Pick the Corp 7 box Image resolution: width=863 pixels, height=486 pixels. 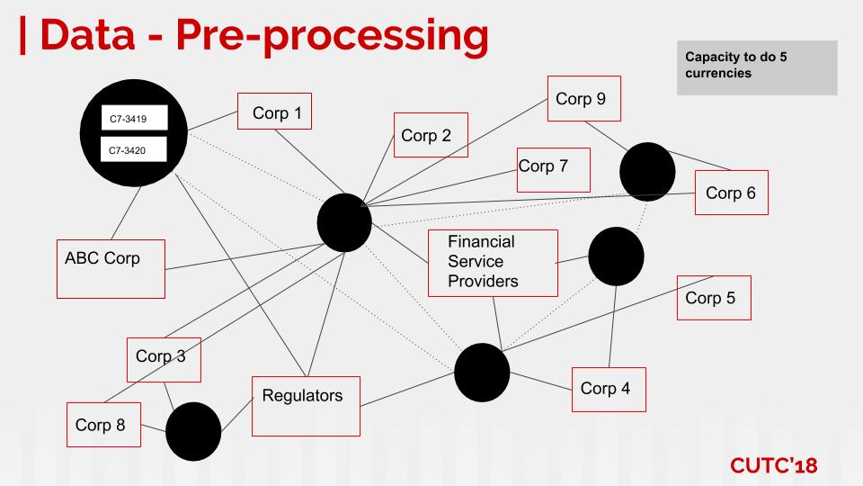(x=553, y=169)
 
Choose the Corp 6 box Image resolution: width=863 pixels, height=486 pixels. (x=731, y=193)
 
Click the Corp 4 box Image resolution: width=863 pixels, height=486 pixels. (x=609, y=389)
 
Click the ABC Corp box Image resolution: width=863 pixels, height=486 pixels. (x=111, y=268)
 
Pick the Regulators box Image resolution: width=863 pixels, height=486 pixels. (x=306, y=406)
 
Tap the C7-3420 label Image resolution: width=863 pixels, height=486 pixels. (x=133, y=149)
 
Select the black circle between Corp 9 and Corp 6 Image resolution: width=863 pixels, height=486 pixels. (x=647, y=169)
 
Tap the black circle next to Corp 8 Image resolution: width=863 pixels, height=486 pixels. (x=193, y=431)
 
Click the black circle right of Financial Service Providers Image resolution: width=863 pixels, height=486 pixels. (x=617, y=256)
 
